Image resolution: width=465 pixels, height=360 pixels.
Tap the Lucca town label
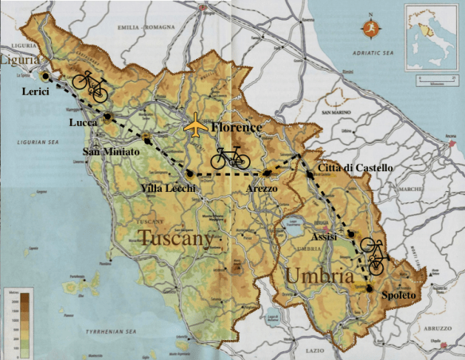pyautogui.click(x=84, y=123)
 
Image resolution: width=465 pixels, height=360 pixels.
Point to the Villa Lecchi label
pyautogui.click(x=169, y=189)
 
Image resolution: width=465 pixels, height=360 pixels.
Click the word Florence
pyautogui.click(x=236, y=127)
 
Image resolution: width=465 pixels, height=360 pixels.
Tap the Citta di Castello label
pyautogui.click(x=354, y=169)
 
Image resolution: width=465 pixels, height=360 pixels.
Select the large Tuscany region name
pyautogui.click(x=177, y=237)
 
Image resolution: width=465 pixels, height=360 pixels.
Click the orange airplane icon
pyautogui.click(x=195, y=126)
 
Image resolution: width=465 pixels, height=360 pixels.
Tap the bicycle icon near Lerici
pyautogui.click(x=90, y=84)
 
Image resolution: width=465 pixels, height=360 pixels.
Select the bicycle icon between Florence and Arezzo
pyautogui.click(x=230, y=158)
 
